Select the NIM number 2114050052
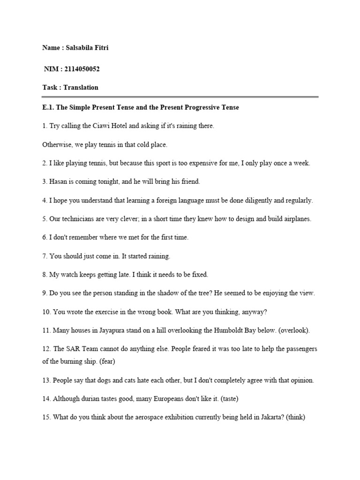[81, 69]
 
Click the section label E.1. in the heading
[48, 107]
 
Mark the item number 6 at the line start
[45, 237]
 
